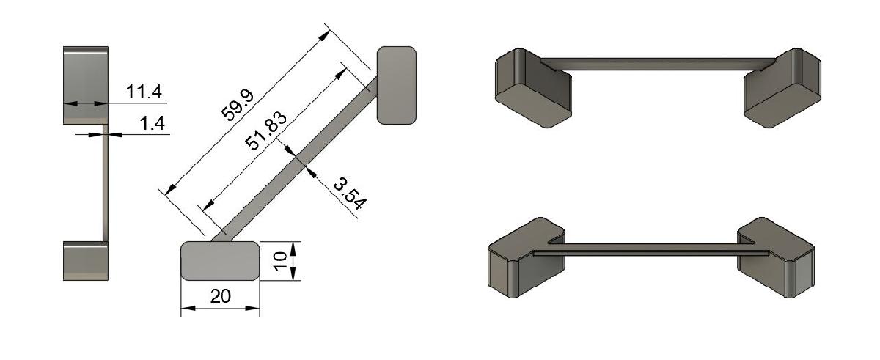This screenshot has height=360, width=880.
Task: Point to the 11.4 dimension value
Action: point(144,92)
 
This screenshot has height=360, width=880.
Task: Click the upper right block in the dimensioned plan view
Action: point(397,85)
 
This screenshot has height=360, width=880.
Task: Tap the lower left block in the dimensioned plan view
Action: point(220,261)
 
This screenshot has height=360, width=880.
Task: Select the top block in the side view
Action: point(86,85)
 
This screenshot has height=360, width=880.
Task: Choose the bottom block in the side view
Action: point(86,260)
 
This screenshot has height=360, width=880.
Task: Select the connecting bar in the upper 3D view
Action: point(660,64)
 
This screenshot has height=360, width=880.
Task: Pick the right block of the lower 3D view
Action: point(777,260)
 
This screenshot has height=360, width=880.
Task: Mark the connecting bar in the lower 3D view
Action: point(653,250)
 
